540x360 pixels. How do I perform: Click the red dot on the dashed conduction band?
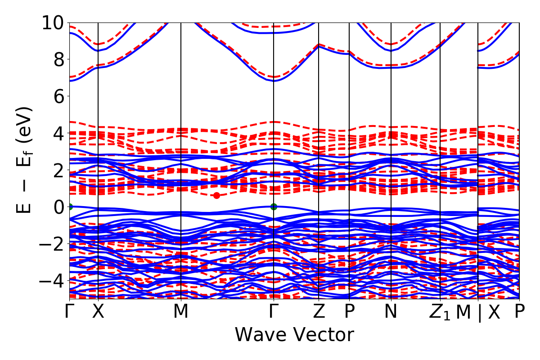click(216, 195)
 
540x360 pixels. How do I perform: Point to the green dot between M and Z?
click(274, 207)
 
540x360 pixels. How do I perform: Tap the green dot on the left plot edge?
click(70, 207)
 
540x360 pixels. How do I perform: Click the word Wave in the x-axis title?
click(260, 335)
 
